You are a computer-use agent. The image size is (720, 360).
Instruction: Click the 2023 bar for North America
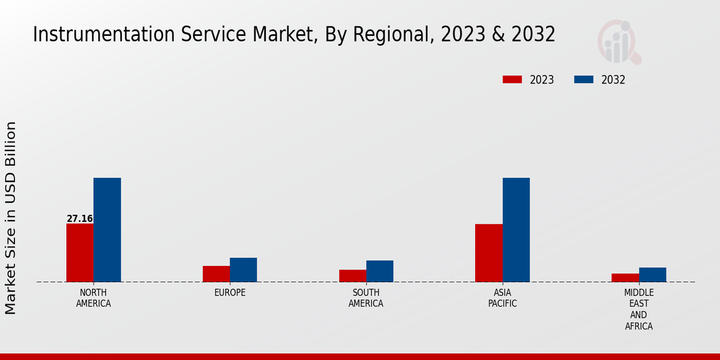coord(80,253)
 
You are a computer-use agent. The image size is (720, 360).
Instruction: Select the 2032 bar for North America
coord(107,230)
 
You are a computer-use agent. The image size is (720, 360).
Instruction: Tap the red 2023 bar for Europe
coord(216,274)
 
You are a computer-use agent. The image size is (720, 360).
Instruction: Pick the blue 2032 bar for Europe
coord(243,269)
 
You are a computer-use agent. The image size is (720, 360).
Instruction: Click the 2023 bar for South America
coord(352,275)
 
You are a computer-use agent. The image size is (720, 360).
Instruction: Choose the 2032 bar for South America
coord(380,271)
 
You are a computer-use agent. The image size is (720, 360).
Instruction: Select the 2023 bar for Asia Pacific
coord(488,253)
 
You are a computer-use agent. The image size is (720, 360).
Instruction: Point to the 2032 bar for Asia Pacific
coord(516,230)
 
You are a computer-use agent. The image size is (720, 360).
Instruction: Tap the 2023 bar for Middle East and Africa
coord(625,277)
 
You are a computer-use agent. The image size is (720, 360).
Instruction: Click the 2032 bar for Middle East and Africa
coord(652,274)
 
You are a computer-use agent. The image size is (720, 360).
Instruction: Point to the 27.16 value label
coord(80,219)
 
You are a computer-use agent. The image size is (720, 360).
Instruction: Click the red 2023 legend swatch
coord(512,80)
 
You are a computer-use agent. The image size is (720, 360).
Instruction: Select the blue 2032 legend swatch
coord(584,80)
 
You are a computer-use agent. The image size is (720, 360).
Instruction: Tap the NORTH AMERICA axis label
coord(94,298)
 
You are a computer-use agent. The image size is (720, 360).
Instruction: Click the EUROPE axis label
coord(230,293)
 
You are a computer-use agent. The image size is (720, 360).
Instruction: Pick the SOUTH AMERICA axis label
coord(366,298)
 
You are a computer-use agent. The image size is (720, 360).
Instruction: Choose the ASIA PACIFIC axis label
coord(502,298)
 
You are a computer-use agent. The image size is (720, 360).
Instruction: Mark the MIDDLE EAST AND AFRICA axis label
coord(638,310)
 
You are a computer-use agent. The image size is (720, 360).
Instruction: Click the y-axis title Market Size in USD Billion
coord(11,218)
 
